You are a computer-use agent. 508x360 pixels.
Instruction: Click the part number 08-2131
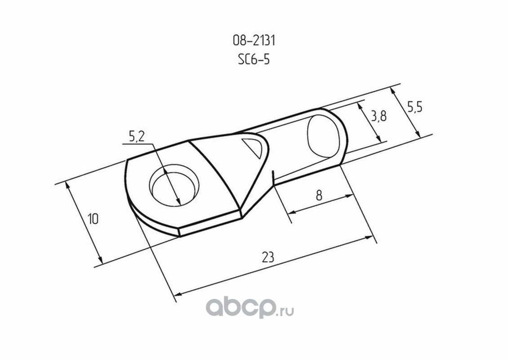254,41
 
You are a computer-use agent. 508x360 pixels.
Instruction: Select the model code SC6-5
254,59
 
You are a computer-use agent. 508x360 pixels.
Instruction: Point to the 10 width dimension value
93,219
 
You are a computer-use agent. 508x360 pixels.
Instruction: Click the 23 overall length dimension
268,257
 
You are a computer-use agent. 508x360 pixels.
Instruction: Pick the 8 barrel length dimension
319,195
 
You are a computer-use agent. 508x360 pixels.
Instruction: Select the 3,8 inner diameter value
379,116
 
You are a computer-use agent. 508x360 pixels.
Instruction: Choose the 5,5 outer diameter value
414,107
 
